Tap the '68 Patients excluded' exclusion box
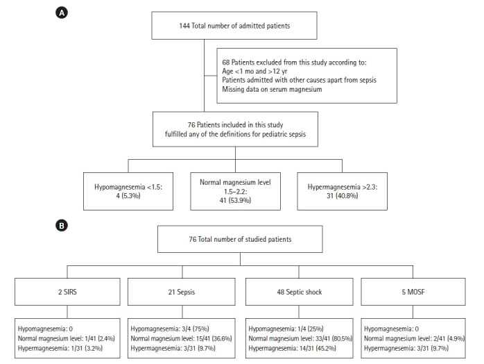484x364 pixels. [x=307, y=74]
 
